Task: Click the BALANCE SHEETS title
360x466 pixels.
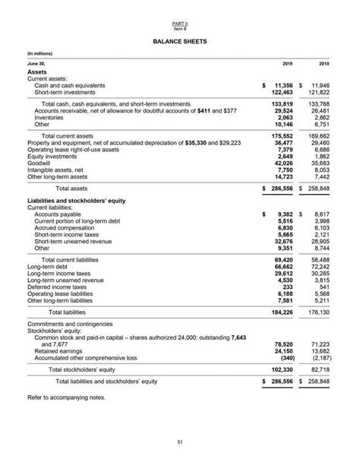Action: (x=179, y=39)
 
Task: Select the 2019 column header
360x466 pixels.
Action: (x=287, y=65)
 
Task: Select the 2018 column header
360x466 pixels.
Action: (x=324, y=65)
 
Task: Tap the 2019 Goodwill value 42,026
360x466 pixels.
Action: (x=283, y=162)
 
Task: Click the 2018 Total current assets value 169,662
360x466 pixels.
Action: (x=319, y=136)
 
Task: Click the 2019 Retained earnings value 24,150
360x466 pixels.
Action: (x=283, y=350)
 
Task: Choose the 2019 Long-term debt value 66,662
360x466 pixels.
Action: (x=283, y=267)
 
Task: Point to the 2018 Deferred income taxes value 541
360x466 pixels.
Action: (x=324, y=287)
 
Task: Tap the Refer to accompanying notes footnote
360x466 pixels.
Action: (x=66, y=398)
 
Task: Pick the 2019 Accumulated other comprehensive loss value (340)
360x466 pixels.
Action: (x=285, y=357)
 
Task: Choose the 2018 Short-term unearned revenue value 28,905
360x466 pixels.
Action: (x=320, y=241)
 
